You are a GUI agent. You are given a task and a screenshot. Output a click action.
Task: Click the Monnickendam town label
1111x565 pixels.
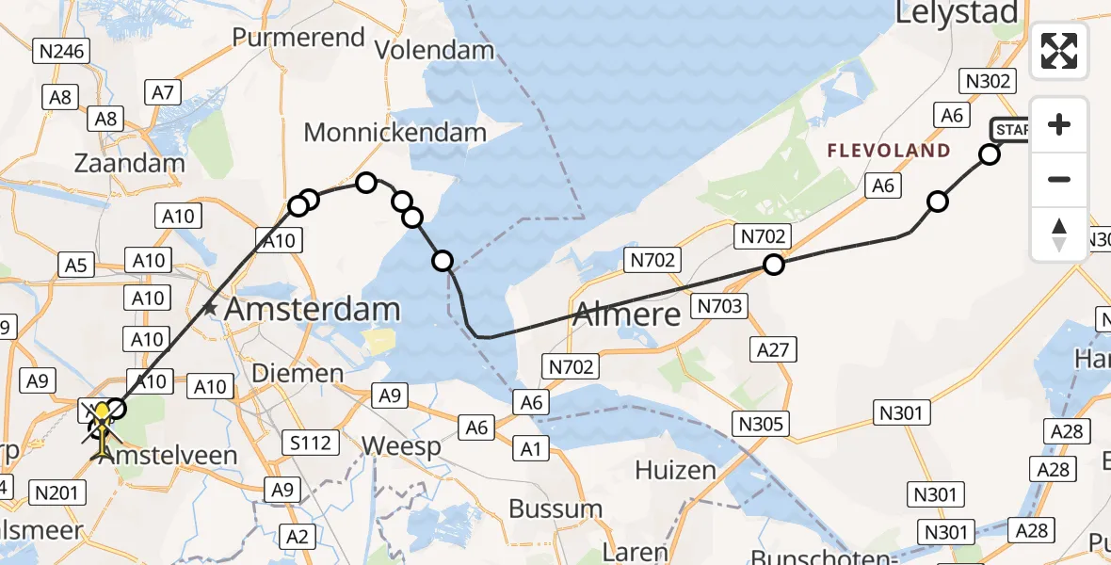click(x=394, y=133)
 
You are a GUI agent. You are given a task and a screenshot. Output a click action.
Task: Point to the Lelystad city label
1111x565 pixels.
click(x=957, y=13)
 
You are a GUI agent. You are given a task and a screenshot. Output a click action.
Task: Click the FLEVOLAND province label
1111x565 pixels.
click(x=888, y=151)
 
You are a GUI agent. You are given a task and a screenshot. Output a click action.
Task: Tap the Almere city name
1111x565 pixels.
click(x=626, y=314)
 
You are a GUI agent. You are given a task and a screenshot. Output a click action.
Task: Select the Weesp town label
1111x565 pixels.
click(x=401, y=445)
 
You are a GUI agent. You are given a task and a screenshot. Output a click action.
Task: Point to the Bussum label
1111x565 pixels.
click(x=555, y=508)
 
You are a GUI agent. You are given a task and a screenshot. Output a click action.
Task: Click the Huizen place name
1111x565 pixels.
click(x=669, y=469)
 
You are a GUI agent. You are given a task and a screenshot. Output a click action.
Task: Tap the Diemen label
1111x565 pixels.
click(x=298, y=373)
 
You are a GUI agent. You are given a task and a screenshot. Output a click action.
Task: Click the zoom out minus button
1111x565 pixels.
click(x=1059, y=179)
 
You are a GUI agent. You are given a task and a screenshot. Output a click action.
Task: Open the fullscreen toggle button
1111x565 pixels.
click(x=1059, y=51)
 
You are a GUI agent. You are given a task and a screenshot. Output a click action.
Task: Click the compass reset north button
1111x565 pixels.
click(x=1059, y=234)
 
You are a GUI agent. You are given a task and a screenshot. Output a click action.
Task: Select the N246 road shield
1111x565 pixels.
click(x=61, y=51)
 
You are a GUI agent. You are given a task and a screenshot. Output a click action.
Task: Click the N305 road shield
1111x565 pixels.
click(x=761, y=425)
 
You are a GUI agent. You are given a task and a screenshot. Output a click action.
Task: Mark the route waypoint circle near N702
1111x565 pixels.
click(x=773, y=265)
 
